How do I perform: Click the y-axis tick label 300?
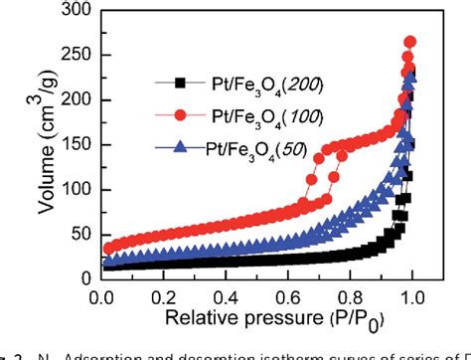pos(72,11)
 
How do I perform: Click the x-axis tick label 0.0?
pos(100,295)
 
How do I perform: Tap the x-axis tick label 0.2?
pos(163,295)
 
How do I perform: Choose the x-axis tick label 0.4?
pos(226,295)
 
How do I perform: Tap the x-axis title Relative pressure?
pos(255,319)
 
